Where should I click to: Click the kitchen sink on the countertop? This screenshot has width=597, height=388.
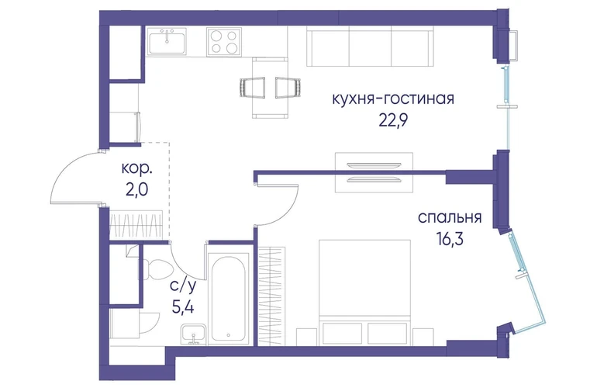[x=167, y=42]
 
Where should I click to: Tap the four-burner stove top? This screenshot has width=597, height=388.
[x=224, y=42]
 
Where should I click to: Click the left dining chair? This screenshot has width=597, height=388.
[x=253, y=87]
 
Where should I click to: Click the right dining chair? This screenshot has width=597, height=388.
[x=288, y=87]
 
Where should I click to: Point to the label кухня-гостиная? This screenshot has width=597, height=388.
[x=393, y=99]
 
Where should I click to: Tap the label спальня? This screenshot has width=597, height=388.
[x=450, y=217]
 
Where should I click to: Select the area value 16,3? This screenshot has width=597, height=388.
[x=450, y=239]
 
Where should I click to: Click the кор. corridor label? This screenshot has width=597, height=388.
[x=137, y=168]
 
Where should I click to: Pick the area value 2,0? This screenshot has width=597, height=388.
[x=136, y=189]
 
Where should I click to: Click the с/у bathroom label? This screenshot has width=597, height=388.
[x=184, y=286]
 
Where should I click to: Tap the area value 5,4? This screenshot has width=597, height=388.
[x=183, y=307]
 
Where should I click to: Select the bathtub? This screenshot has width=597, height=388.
[x=228, y=299]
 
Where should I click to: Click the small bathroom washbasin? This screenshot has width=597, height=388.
[x=194, y=334]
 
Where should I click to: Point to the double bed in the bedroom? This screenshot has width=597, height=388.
[x=364, y=293]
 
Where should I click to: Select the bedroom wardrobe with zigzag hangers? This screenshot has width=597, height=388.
[x=271, y=296]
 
